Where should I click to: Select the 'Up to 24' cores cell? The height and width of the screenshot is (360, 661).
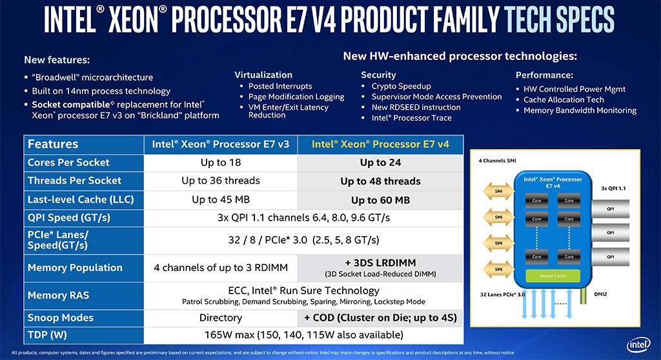pos(381,163)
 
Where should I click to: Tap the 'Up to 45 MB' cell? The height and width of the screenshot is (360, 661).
pos(220,199)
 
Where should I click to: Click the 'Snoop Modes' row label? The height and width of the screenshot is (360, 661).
pos(61,317)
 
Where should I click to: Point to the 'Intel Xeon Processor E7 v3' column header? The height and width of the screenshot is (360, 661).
pos(220,144)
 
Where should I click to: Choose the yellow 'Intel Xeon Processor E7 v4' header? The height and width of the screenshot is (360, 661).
pos(380,144)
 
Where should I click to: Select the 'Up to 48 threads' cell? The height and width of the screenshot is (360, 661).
pos(381,181)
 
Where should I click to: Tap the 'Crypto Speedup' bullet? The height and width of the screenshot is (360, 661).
pos(401,86)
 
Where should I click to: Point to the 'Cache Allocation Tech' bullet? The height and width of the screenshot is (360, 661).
pos(564,100)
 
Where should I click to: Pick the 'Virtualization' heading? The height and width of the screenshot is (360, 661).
pos(263,75)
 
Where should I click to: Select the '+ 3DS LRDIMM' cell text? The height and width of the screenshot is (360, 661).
pos(381,263)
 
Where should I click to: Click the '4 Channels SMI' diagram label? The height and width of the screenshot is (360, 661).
pos(498,160)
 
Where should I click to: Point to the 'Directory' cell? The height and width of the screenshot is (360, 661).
pos(221,317)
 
